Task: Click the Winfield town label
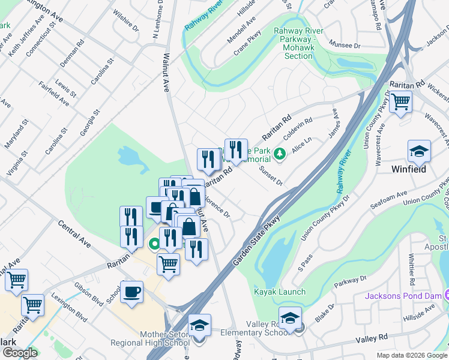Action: (x=409, y=169)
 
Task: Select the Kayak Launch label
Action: (x=279, y=292)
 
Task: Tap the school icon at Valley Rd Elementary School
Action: (x=289, y=317)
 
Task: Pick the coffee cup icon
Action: (x=131, y=292)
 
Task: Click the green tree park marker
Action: (x=279, y=155)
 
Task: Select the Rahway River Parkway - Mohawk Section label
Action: (x=298, y=44)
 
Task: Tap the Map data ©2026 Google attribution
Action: (x=411, y=355)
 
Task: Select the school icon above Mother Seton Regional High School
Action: (x=199, y=325)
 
